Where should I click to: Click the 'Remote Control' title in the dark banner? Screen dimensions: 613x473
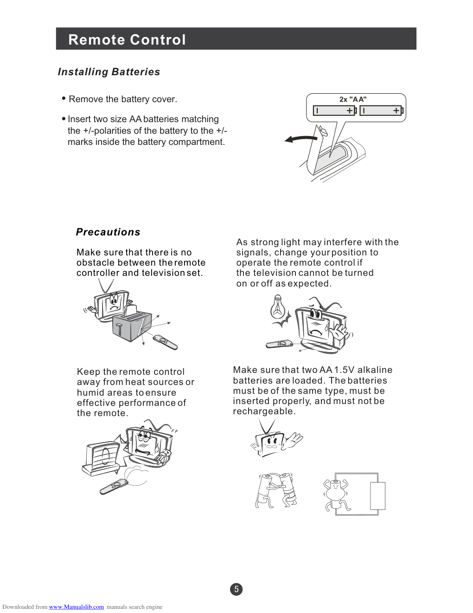(x=127, y=39)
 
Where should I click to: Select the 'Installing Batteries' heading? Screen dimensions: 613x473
(x=109, y=72)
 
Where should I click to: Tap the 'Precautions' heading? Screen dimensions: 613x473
(x=108, y=232)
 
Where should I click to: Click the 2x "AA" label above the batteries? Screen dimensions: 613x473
(x=353, y=99)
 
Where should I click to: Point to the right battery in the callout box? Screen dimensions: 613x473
(x=382, y=111)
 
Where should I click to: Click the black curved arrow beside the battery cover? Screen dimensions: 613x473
(x=300, y=139)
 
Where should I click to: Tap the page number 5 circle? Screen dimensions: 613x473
(x=236, y=589)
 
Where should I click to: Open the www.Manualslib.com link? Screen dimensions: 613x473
(x=77, y=607)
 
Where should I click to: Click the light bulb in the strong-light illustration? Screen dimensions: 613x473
(x=278, y=307)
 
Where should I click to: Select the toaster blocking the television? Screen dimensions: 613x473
(x=132, y=326)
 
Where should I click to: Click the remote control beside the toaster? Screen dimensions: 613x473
(x=165, y=342)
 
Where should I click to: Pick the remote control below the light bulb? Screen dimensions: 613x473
(x=279, y=344)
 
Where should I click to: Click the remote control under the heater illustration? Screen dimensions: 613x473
(x=114, y=487)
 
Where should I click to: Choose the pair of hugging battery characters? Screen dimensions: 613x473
(x=276, y=490)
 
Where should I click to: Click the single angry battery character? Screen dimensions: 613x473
(x=335, y=495)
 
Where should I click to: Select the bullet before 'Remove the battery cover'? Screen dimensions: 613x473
(x=64, y=98)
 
